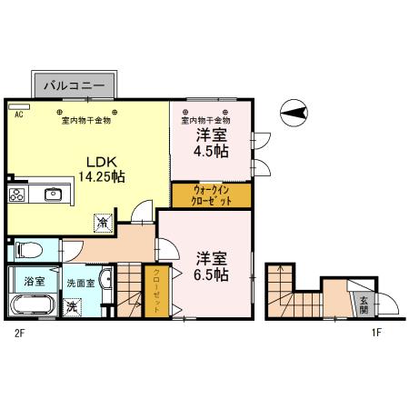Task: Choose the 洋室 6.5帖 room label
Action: tap(210, 264)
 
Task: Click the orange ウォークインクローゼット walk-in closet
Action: tap(211, 196)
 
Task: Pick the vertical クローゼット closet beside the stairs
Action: tap(156, 293)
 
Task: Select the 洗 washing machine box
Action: tap(72, 306)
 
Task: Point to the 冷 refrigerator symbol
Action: tap(104, 220)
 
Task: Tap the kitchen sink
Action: tap(51, 193)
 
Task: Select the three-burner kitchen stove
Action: tap(17, 194)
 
